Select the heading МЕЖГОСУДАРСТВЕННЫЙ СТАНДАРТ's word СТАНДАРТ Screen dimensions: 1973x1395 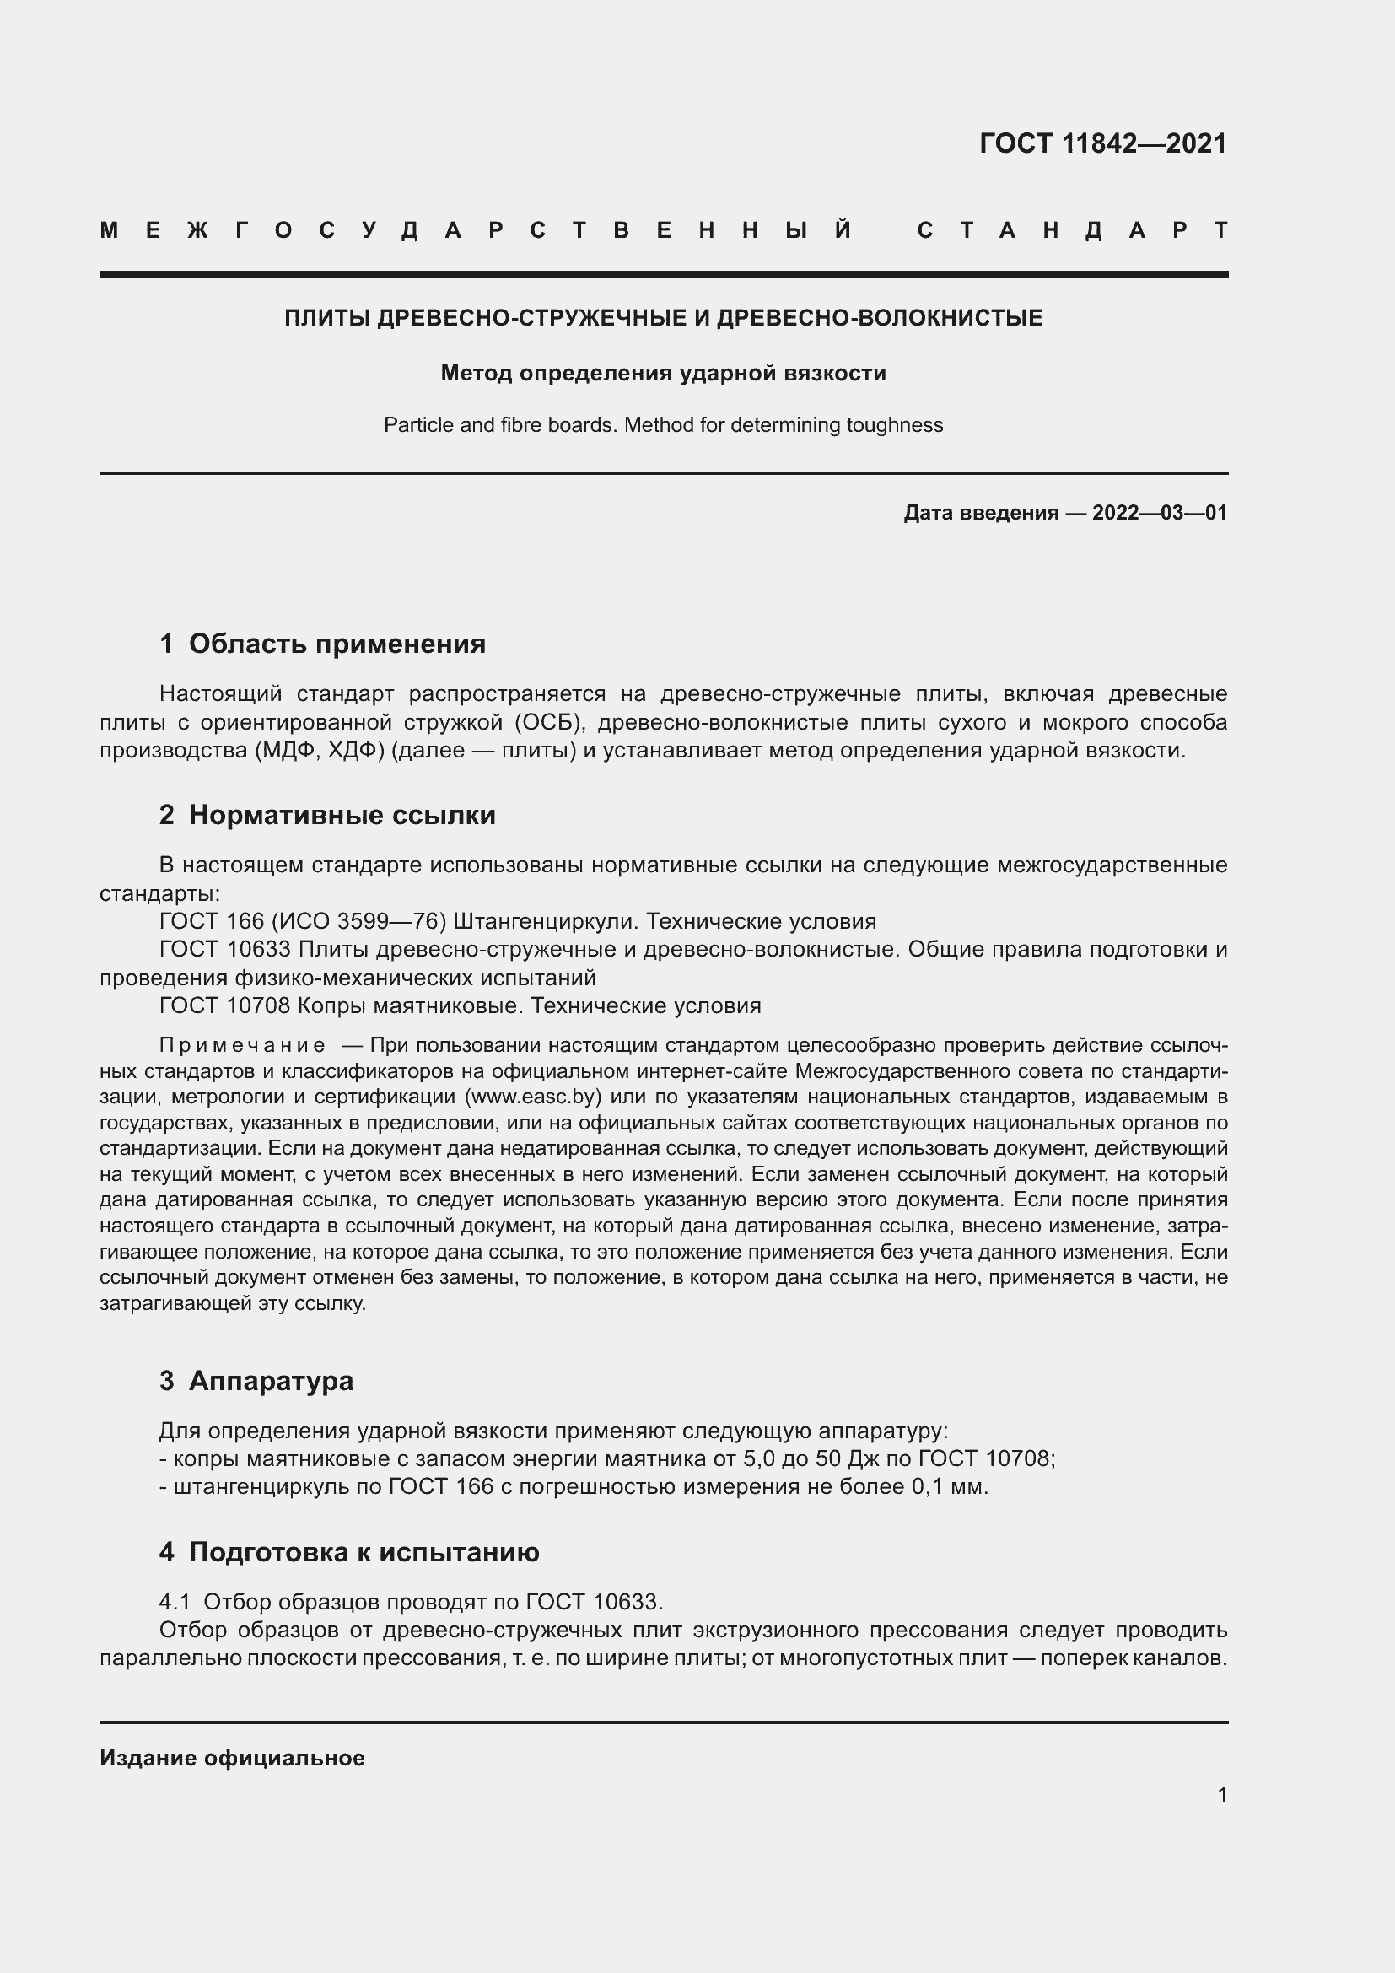(x=1072, y=230)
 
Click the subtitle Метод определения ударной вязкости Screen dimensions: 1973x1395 (x=663, y=373)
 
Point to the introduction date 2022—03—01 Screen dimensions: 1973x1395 (x=1159, y=513)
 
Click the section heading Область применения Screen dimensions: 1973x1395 (x=337, y=644)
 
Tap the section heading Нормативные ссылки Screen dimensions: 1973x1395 (x=342, y=815)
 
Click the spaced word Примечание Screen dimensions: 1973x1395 (x=242, y=1046)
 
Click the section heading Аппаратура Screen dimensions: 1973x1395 (x=271, y=1381)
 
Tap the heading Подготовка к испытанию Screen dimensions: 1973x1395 (x=364, y=1552)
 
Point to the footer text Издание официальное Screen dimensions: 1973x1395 (x=232, y=1758)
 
